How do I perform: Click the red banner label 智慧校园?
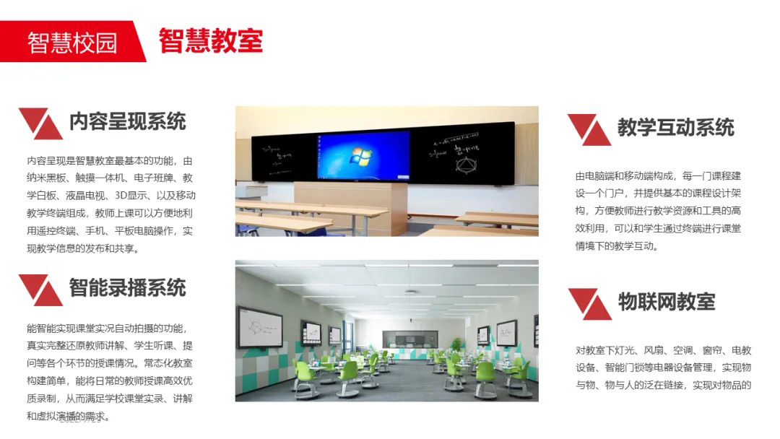[72, 43]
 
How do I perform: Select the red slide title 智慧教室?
[211, 40]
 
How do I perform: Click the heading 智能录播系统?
[127, 288]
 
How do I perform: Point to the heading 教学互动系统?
[675, 128]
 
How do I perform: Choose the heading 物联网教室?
[667, 302]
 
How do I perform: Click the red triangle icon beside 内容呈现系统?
[40, 123]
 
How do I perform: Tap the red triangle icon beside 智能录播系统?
[40, 290]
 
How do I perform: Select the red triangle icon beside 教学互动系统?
[589, 130]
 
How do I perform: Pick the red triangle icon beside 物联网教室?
[590, 304]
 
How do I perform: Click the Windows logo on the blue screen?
[361, 156]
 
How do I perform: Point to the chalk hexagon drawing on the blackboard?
[466, 165]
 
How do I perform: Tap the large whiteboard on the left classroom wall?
[261, 328]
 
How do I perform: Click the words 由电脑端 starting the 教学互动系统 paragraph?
[594, 176]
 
